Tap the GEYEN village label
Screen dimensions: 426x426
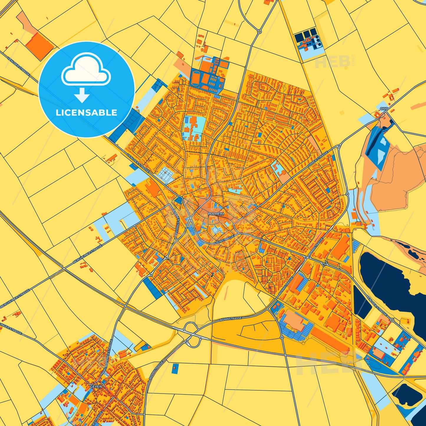[x=96, y=386]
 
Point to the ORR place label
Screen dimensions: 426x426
[x=384, y=109]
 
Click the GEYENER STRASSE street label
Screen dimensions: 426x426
[x=175, y=221]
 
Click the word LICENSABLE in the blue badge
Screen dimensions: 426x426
[x=86, y=113]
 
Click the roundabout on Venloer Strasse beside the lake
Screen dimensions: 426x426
[x=392, y=320]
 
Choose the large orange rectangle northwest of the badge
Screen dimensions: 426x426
[x=39, y=46]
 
